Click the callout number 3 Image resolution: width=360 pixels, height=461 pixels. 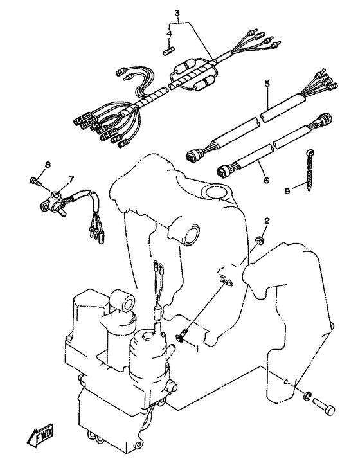click(x=177, y=13)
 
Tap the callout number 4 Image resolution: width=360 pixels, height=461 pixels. click(x=169, y=33)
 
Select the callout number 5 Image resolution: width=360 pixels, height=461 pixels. click(x=267, y=84)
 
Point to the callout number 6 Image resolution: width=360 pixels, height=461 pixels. click(x=266, y=179)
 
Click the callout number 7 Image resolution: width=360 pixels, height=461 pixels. click(x=71, y=179)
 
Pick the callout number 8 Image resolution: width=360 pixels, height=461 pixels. click(x=48, y=165)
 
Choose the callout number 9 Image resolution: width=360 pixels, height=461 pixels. click(x=287, y=191)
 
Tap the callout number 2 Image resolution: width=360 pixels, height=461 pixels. click(x=267, y=221)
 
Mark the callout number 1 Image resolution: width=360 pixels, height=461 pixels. click(x=197, y=348)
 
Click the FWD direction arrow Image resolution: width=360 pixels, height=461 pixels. click(x=40, y=435)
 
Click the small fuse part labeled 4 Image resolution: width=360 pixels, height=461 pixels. click(x=169, y=51)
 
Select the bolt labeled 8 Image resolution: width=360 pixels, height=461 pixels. click(x=36, y=182)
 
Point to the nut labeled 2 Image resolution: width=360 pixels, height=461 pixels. click(x=260, y=240)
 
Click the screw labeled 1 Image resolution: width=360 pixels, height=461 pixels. click(x=182, y=335)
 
